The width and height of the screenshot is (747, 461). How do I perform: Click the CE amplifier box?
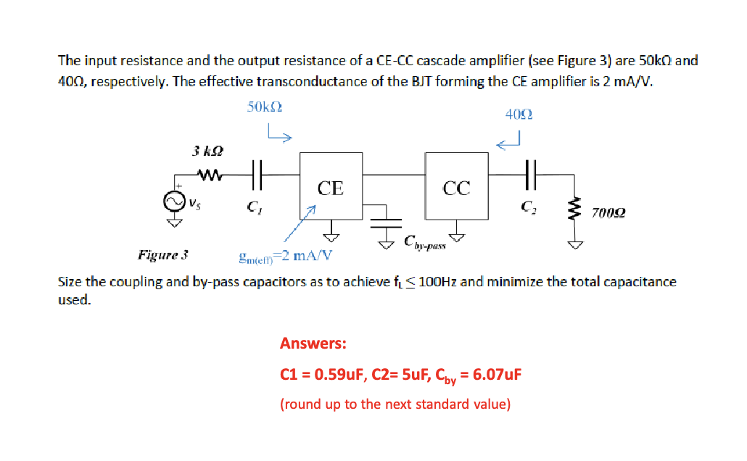331,186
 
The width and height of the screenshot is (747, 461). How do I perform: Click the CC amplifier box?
457,187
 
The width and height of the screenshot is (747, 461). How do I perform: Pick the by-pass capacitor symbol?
385,217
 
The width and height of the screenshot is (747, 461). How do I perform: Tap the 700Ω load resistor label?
608,212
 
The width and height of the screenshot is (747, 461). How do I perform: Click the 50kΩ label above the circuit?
264,107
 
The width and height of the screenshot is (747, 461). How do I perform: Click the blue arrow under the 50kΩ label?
278,133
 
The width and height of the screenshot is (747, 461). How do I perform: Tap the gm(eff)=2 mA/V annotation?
285,255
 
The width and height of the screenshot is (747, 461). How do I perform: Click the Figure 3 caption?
163,254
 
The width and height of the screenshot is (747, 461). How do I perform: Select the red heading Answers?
313,343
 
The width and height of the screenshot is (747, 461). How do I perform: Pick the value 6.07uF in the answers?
496,375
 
